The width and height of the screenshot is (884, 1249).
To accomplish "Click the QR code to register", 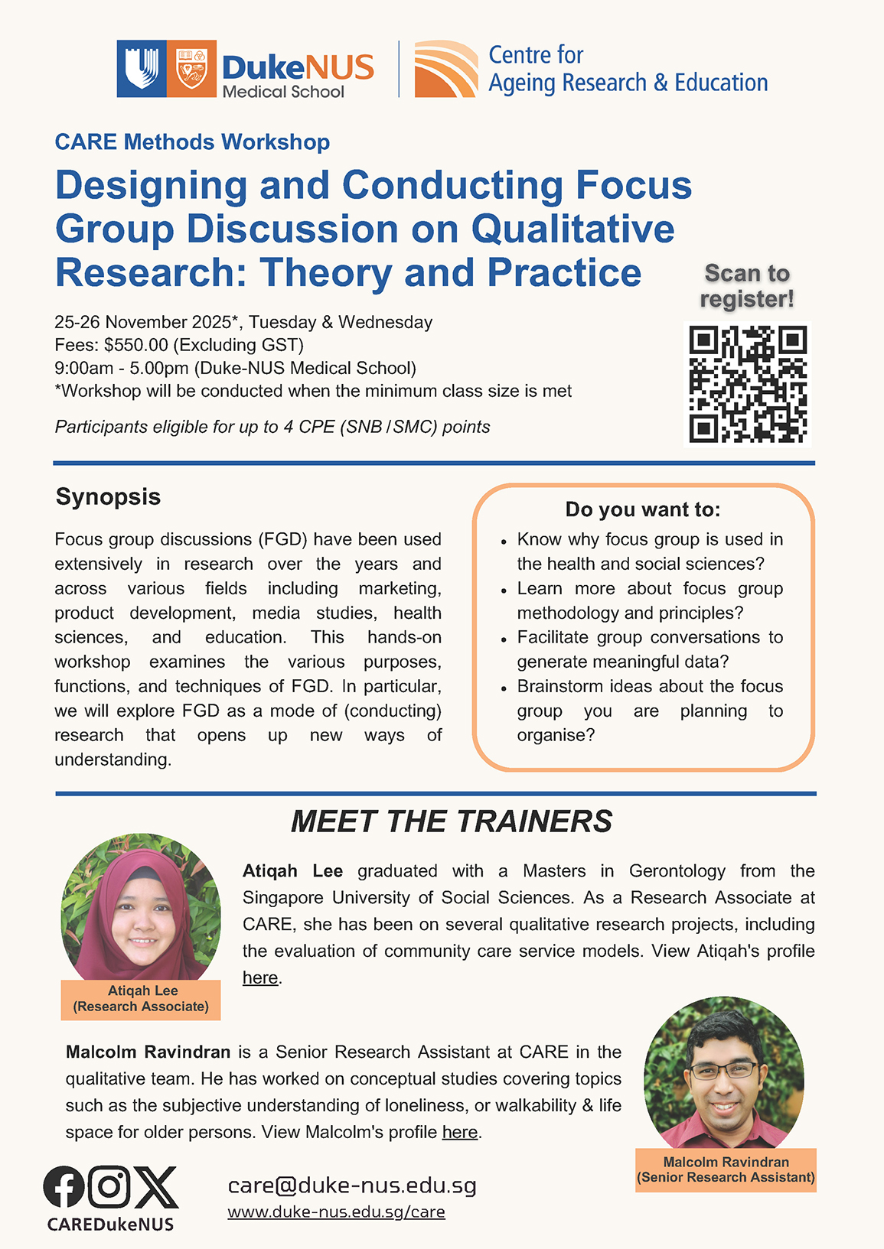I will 747,384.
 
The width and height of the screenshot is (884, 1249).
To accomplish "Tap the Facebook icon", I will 64,1187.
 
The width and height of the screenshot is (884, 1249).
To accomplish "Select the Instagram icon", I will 109,1186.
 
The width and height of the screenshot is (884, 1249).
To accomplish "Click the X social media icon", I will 156,1187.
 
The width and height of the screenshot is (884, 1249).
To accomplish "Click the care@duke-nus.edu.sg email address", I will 352,1186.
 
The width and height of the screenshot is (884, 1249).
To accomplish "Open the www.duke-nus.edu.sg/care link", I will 336,1212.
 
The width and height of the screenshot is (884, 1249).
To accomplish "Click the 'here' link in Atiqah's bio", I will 260,977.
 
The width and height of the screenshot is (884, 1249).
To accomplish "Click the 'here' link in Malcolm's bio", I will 460,1132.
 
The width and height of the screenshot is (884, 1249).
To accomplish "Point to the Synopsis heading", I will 108,496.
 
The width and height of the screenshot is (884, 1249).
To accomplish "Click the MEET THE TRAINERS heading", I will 451,821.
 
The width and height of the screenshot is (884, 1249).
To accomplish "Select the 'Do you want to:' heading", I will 643,509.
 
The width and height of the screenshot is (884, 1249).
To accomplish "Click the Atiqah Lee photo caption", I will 142,999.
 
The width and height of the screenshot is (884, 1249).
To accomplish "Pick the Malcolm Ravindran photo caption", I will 726,1169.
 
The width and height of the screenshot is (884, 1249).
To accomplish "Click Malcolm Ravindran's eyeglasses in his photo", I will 723,1069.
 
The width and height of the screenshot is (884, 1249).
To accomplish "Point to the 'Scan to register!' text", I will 747,286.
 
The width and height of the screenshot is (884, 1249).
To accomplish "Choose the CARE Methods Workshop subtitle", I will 192,142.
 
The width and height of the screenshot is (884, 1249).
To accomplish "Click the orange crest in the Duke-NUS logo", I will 191,69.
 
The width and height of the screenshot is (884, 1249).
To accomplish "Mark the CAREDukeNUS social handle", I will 110,1225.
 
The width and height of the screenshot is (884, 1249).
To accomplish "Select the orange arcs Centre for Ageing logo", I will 445,69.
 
